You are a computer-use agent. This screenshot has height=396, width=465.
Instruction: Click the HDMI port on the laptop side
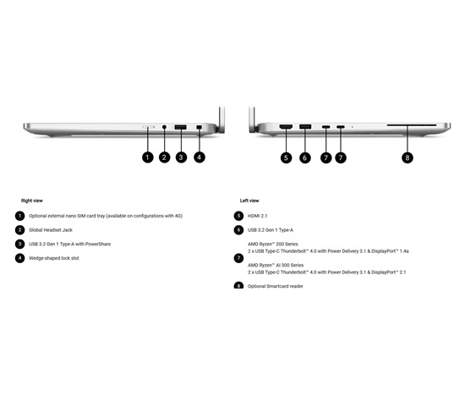pos(286,127)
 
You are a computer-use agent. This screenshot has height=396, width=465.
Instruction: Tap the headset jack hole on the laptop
pos(164,127)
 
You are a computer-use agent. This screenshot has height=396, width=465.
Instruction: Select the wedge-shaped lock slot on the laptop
pos(199,127)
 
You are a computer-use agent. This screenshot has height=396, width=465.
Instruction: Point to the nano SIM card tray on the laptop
pos(148,127)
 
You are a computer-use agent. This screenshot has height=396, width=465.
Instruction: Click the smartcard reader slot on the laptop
pos(412,125)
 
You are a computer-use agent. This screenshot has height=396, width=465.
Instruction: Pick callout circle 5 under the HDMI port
pos(286,157)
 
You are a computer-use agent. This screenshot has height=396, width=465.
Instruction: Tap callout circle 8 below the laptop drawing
pos(408,157)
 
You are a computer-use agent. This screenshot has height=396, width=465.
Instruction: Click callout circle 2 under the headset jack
pos(164,157)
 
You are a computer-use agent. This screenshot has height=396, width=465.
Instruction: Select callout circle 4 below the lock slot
pos(200,157)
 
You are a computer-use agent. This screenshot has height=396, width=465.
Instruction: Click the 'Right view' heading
pos(32,201)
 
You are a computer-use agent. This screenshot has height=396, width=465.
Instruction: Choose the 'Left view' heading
pos(249,201)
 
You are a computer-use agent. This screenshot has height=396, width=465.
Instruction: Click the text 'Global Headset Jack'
pos(51,230)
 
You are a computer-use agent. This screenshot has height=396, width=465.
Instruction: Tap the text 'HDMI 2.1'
pos(257,216)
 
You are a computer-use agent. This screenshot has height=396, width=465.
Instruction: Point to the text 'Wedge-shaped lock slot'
pos(54,258)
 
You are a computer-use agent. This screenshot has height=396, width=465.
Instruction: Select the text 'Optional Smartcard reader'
pos(276,286)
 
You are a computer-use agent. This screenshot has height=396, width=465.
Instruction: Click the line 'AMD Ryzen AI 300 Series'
pos(276,265)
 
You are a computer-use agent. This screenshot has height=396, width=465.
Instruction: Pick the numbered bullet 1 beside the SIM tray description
pos(20,216)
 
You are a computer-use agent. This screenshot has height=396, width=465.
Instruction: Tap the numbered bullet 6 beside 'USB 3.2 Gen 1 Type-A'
pos(238,230)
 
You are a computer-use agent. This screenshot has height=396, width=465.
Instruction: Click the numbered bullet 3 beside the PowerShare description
pos(20,244)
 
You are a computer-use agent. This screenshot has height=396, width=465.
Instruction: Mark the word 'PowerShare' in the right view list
pos(98,244)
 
